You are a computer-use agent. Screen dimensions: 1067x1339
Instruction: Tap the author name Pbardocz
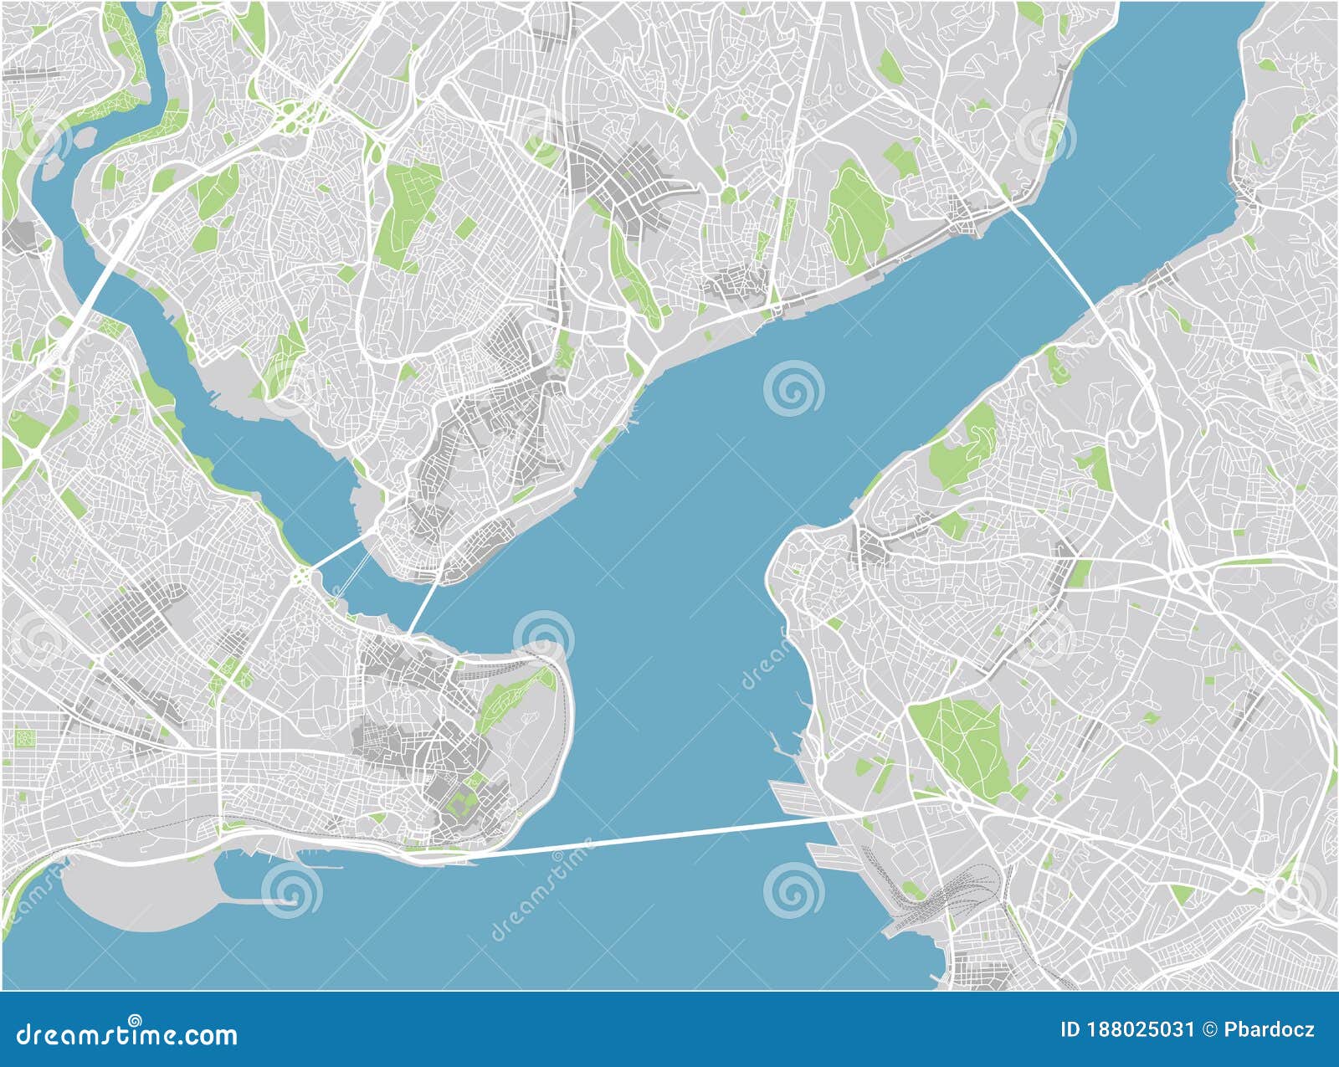1270,1029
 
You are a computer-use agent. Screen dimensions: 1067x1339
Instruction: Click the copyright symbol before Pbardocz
1210,1029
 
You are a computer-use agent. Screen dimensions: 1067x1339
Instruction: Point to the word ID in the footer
1070,1029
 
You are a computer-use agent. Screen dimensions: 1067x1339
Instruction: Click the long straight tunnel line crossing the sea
653,836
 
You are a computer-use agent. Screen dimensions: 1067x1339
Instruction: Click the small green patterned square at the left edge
23,738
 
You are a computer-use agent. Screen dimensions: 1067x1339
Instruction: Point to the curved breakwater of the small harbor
259,901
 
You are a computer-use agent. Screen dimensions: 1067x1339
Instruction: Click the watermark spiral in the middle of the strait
793,387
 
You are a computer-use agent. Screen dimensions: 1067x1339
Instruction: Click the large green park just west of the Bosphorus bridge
858,209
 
